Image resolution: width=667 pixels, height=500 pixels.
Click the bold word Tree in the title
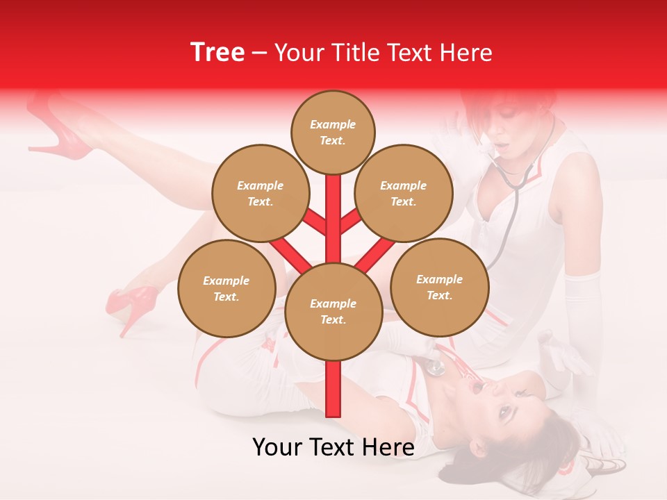coord(217,52)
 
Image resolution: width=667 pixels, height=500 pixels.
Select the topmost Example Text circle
coord(333,132)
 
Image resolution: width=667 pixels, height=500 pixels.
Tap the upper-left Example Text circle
coord(261,193)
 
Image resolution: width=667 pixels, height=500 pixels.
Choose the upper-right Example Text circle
coord(404,193)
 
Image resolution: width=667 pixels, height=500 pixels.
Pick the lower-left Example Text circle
coord(227,288)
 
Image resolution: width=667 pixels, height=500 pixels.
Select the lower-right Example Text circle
coord(439,287)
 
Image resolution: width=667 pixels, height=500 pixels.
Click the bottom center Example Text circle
coord(333,312)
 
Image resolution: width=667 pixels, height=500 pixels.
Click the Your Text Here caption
coord(333,447)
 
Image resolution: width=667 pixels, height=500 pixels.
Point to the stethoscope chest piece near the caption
coord(436,367)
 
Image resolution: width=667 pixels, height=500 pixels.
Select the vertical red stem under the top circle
coord(333,208)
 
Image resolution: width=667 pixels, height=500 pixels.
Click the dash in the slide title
coord(259,53)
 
